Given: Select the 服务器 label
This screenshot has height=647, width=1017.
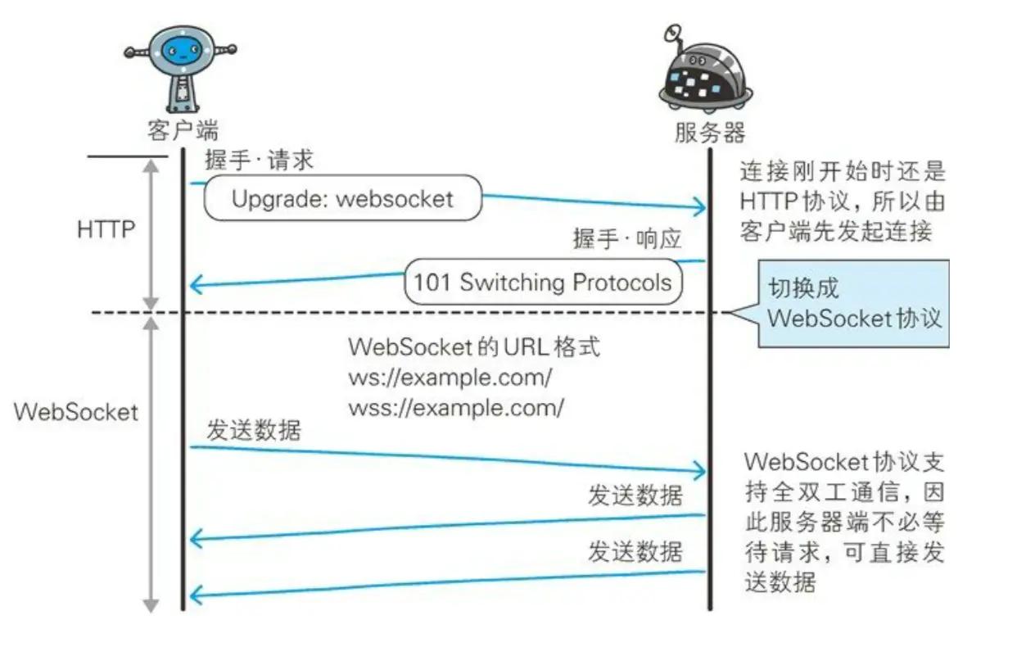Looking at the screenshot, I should point(710,132).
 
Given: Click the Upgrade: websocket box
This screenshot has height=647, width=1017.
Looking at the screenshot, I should point(342,198).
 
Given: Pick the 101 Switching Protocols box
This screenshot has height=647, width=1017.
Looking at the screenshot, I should point(543,283).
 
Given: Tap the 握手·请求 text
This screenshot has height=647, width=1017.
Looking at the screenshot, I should point(259,160).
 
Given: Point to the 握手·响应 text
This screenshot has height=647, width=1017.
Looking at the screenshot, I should point(627,239).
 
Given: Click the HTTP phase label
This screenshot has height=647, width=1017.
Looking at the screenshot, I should point(106,229).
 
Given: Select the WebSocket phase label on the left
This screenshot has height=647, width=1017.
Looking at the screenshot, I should point(76,411).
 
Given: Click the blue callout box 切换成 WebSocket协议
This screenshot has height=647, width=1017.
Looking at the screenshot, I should point(853,304).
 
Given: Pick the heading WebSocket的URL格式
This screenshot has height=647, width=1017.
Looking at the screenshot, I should point(473,346).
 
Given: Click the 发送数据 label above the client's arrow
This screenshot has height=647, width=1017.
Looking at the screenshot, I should point(253,431).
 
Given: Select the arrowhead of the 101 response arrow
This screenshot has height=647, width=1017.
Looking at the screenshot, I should point(194,286).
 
